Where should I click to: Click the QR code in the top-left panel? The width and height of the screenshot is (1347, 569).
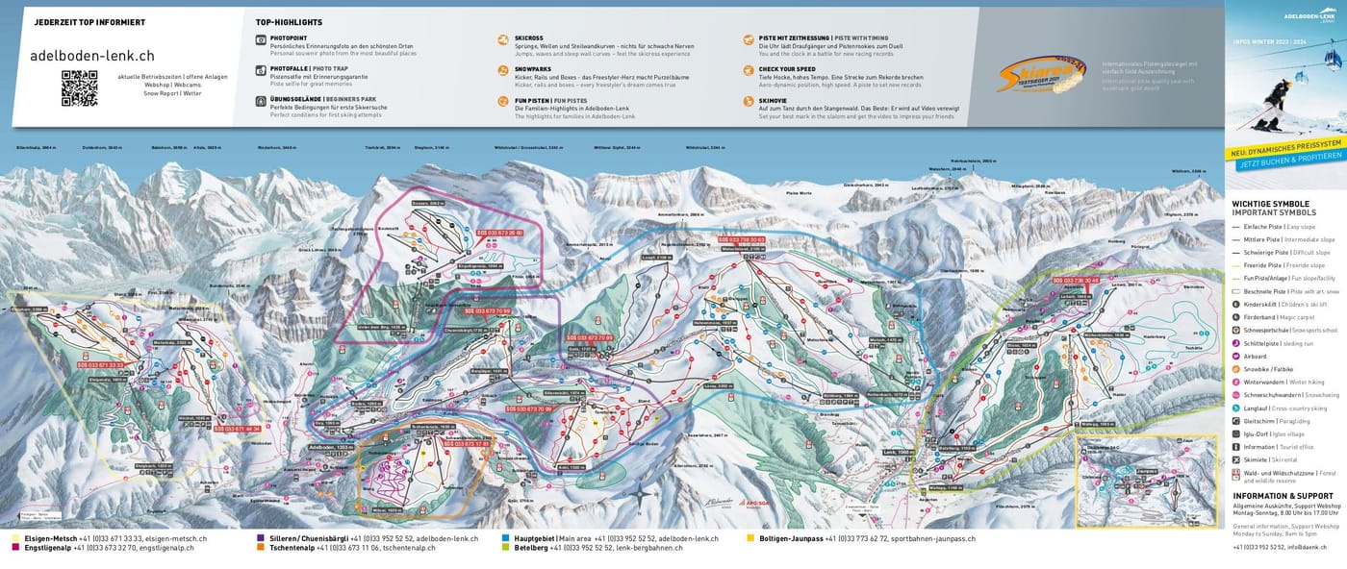click(x=79, y=87)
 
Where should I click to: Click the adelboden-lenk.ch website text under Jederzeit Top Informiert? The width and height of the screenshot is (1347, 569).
click(x=92, y=56)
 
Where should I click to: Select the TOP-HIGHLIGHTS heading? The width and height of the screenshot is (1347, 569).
click(x=289, y=22)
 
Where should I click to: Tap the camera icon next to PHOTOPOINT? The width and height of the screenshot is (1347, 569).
click(x=261, y=39)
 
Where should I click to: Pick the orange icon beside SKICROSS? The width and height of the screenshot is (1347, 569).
click(x=503, y=39)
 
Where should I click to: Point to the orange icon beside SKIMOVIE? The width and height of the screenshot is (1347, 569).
click(x=749, y=101)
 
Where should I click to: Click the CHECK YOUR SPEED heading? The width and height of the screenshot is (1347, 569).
click(x=787, y=69)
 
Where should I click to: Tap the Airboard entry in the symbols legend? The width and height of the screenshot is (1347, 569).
click(x=1256, y=356)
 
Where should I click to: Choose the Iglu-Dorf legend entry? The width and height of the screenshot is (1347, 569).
click(x=1260, y=433)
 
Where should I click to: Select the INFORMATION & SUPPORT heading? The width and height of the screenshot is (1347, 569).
click(x=1283, y=496)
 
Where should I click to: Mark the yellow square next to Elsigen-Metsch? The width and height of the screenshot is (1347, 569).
click(x=15, y=539)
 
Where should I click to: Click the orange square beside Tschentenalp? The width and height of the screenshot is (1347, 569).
click(x=261, y=548)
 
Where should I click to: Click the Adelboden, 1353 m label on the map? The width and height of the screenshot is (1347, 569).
click(x=331, y=448)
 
